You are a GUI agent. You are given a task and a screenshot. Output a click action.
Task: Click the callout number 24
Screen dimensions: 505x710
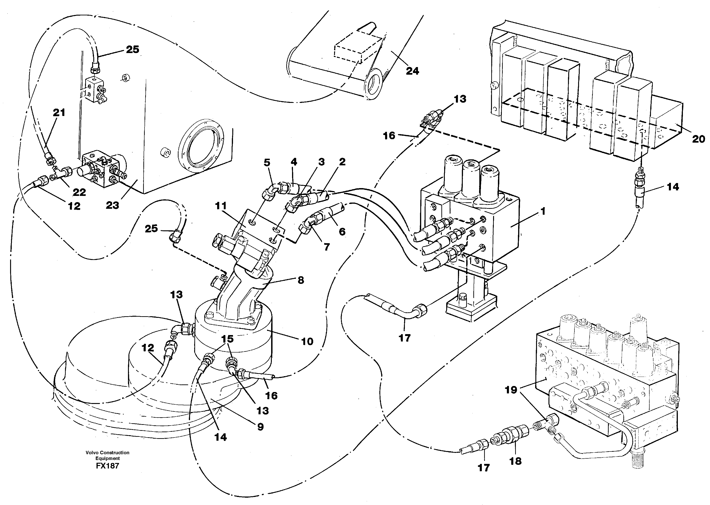[x=412, y=71]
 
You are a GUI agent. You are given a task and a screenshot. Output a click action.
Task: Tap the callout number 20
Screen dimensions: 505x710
[x=698, y=139]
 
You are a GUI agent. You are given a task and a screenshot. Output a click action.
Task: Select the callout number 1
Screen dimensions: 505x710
[x=543, y=212]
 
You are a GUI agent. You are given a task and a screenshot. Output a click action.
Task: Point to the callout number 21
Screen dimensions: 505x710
[x=59, y=112]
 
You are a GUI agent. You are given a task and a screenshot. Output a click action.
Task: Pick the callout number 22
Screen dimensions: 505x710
[x=79, y=192]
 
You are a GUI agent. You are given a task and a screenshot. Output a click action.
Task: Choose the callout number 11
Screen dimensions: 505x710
[x=221, y=206]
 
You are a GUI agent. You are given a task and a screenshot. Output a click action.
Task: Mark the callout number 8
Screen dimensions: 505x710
[x=301, y=280]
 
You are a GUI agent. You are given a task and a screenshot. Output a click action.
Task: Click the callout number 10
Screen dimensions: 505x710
[x=307, y=341]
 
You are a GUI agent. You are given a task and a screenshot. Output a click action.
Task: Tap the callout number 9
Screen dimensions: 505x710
[x=260, y=427]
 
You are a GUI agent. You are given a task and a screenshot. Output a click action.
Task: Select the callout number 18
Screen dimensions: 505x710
[x=515, y=461]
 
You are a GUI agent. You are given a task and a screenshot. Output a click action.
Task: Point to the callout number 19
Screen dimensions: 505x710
[x=511, y=390]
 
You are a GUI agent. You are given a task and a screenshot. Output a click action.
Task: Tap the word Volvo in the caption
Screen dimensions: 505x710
[x=92, y=452]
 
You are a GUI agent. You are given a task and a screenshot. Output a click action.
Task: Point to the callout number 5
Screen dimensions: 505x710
[x=267, y=163]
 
